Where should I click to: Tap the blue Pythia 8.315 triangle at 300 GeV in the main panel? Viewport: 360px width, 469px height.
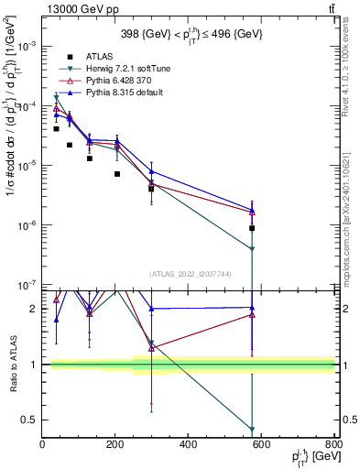(x=152, y=171)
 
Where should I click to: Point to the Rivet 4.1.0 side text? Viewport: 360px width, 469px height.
(x=350, y=73)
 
